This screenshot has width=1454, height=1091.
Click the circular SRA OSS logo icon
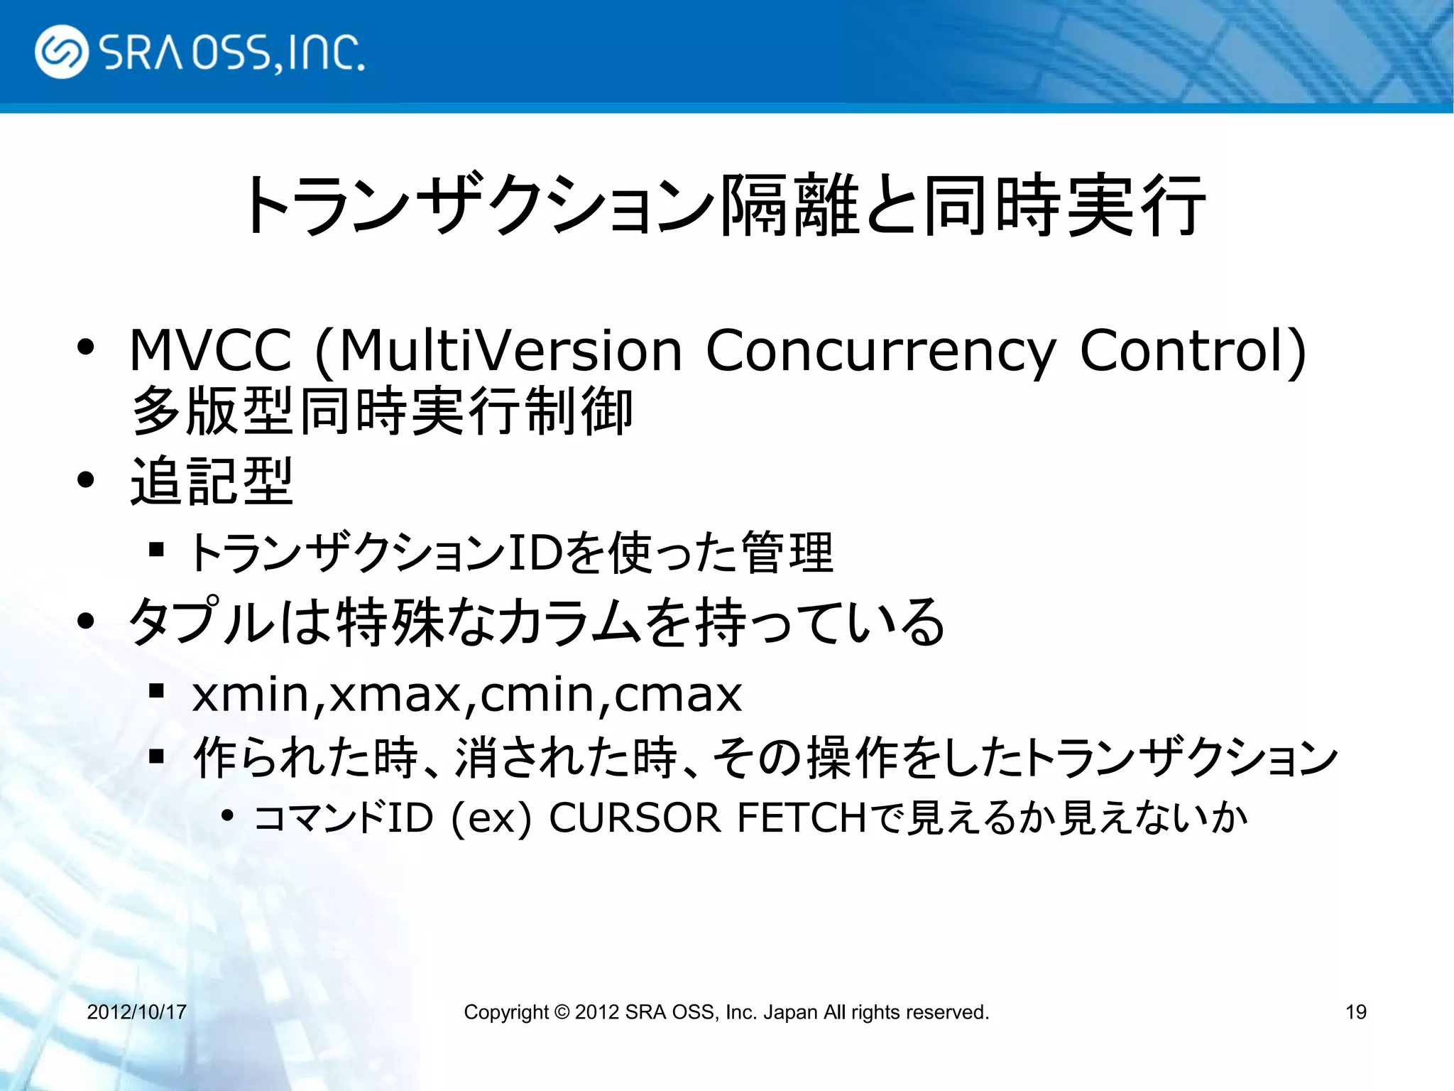[x=62, y=52]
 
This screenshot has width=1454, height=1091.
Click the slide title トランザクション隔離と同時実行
[x=724, y=206]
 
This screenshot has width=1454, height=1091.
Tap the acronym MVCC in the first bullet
[x=210, y=350]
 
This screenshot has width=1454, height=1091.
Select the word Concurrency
[x=880, y=352]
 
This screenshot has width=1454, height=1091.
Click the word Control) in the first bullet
[x=1193, y=350]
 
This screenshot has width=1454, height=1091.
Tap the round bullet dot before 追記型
[x=86, y=481]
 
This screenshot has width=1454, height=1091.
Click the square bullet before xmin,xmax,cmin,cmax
[x=157, y=691]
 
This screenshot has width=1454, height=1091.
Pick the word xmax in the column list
[x=395, y=695]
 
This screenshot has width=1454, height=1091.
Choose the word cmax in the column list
[x=678, y=695]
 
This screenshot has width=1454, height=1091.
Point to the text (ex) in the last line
[x=491, y=819]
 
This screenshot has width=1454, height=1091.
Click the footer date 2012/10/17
[x=136, y=1011]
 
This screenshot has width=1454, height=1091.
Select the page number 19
[x=1355, y=1011]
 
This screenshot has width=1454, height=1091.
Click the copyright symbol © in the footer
[x=562, y=1011]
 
